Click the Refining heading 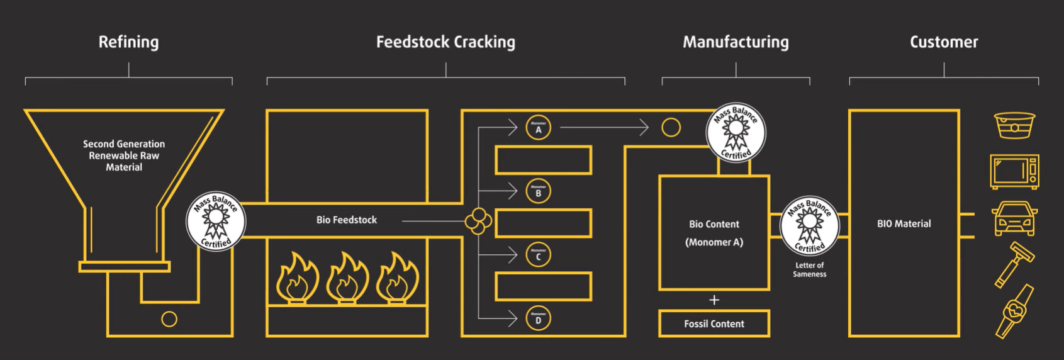coord(128,42)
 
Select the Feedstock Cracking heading coord(445,42)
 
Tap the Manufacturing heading coord(736,42)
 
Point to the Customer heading coord(944,42)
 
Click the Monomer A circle coord(538,128)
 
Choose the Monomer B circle coord(538,191)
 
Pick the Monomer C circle coord(538,254)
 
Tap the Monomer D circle coord(538,318)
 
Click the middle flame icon coord(347,278)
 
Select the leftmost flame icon coord(298,278)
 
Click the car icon coord(1014,218)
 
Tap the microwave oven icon coord(1014,171)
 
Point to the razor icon coord(1014,264)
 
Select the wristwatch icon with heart coord(1014,311)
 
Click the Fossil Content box coord(714,323)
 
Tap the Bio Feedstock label coord(347,220)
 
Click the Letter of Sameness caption coord(809,269)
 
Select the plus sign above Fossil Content coord(714,300)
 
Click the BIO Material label coord(904,223)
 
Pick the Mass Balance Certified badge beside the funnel coord(216,221)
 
